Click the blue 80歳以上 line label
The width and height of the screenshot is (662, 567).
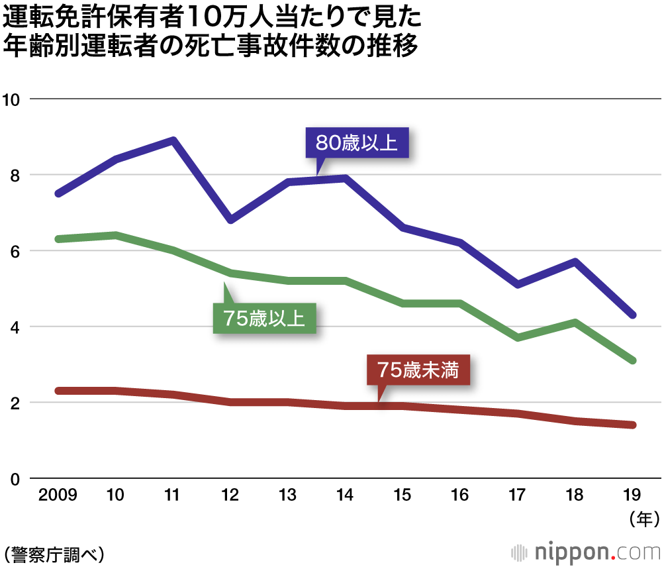click(357, 142)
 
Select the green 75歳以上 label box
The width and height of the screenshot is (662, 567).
click(263, 319)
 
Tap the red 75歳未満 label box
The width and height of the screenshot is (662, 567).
click(418, 370)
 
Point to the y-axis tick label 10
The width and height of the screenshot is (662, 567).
click(12, 99)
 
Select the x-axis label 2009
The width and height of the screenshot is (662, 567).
click(58, 495)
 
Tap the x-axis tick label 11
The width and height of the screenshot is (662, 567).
click(172, 495)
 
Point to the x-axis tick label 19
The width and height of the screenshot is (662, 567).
click(634, 495)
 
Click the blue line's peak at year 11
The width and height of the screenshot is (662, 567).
click(173, 140)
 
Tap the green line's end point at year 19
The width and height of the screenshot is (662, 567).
click(633, 360)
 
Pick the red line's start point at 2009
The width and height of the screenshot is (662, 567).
click(58, 391)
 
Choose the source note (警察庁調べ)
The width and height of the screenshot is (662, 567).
click(54, 552)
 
